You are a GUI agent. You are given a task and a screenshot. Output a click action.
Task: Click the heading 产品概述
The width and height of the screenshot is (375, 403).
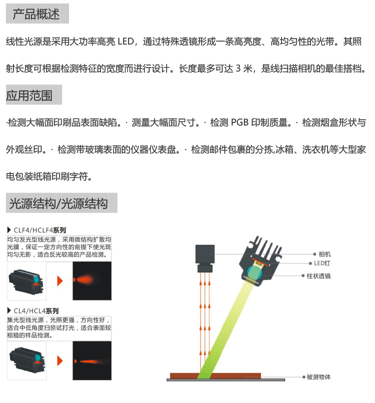(x=36, y=13)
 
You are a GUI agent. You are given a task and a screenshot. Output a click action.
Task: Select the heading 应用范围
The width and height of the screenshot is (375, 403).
(x=29, y=95)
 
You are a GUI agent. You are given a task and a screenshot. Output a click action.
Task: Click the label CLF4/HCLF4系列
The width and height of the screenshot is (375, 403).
(x=39, y=230)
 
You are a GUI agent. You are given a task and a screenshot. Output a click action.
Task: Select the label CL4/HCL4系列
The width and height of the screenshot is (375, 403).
(x=36, y=310)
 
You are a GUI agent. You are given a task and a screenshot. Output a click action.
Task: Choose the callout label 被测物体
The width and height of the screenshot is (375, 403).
(x=318, y=376)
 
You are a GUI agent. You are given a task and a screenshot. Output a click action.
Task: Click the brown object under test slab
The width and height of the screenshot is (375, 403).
(x=215, y=375)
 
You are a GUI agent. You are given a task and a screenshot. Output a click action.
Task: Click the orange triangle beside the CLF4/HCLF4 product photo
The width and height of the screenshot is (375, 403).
(x=60, y=281)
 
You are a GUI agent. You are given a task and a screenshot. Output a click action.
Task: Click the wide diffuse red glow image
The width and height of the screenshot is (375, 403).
(x=91, y=280)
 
